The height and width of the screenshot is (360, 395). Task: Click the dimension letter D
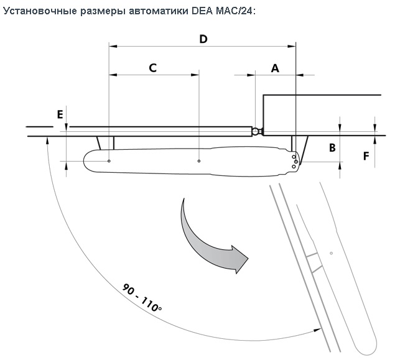coord(203,39)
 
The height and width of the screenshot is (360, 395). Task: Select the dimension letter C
coord(152,68)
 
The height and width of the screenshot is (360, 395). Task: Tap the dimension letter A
coord(275,68)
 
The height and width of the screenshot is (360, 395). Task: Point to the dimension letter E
coord(60,114)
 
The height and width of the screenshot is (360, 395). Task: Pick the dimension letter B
coord(332,148)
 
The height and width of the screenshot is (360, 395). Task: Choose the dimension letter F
coord(366,155)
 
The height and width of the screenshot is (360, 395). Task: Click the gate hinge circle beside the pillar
coord(256,131)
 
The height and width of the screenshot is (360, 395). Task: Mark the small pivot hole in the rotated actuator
coord(332,253)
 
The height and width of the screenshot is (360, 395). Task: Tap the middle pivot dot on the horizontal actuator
coord(198,162)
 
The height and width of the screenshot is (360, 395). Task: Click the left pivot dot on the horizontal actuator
coord(109,162)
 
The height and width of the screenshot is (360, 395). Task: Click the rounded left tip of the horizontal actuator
coord(86,162)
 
